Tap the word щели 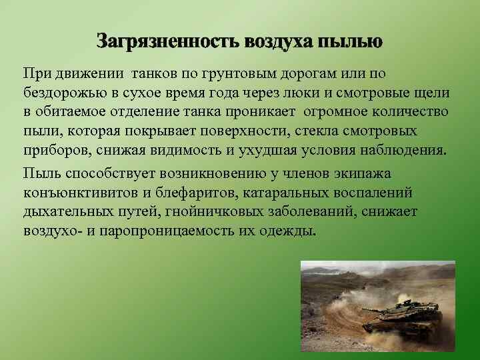(x=433, y=92)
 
